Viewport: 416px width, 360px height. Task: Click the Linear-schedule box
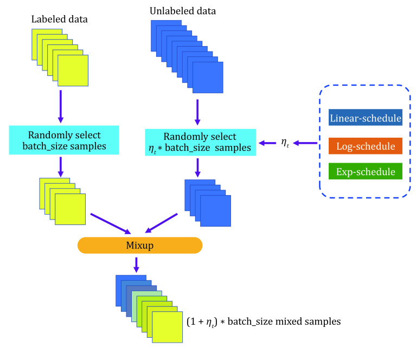[365, 118]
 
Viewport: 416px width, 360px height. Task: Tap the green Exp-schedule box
[365, 172]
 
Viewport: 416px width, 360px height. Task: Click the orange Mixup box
[139, 246]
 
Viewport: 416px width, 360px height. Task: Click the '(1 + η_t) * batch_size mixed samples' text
[263, 322]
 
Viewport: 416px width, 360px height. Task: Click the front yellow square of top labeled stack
[73, 70]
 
